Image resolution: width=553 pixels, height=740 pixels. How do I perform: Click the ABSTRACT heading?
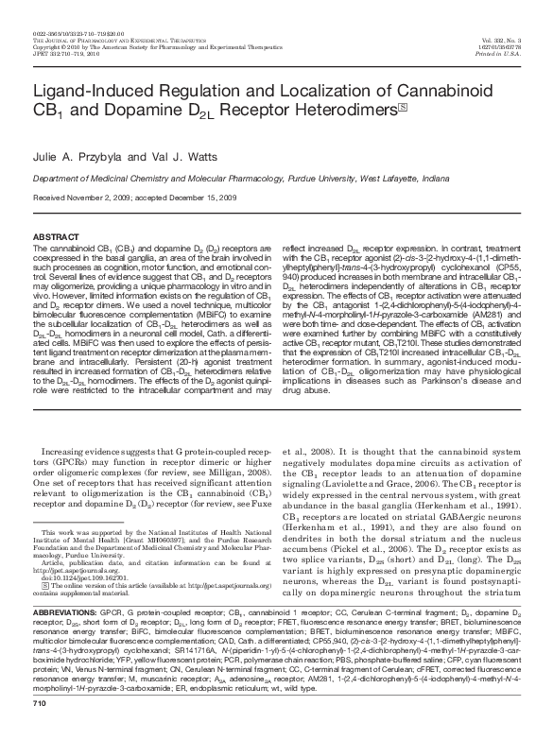pyautogui.click(x=57, y=234)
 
